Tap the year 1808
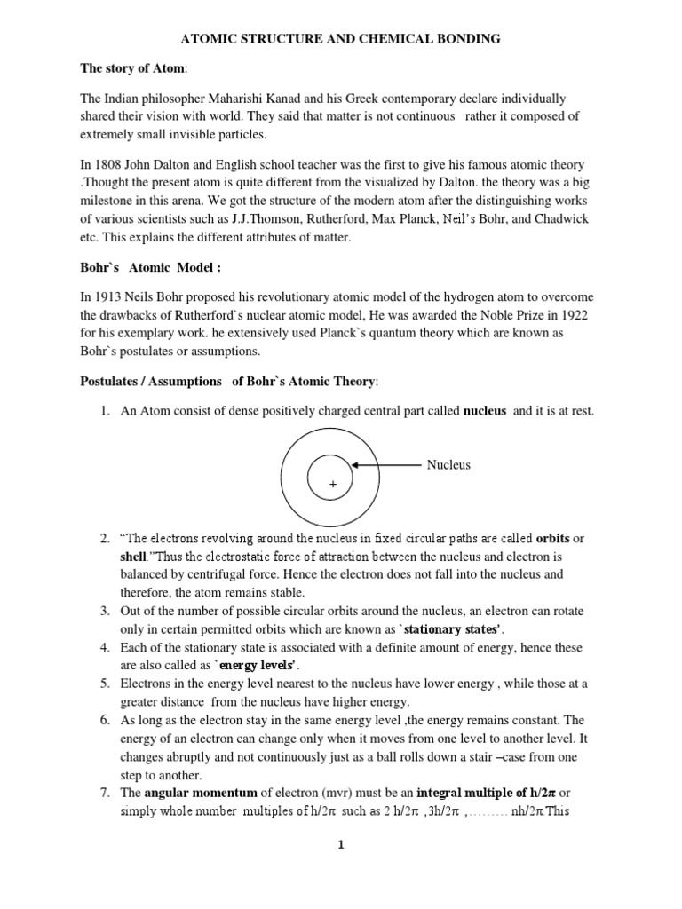[126, 166]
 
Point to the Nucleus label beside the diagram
[448, 465]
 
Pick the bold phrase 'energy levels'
[258, 666]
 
